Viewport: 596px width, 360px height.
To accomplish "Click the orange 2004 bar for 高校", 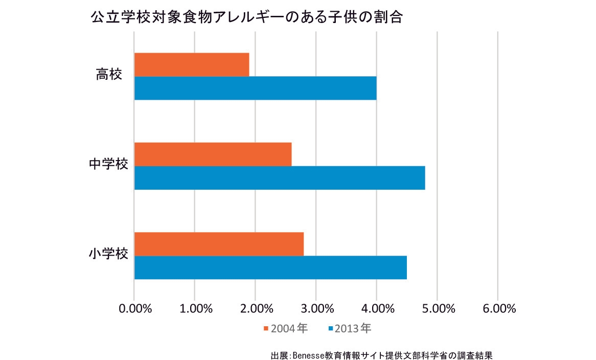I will coord(192,64).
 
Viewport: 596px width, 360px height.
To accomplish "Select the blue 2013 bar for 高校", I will coord(255,88).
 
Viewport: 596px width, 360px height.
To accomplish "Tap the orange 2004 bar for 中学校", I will coord(213,154).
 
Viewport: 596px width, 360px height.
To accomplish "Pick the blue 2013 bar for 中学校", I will coord(280,178).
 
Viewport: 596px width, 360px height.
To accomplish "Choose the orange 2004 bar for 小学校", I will coord(219,244).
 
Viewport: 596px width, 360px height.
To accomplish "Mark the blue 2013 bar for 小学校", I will coord(270,267).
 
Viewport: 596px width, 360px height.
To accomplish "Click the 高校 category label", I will coord(109,75).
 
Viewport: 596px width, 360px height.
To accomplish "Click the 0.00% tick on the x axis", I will coord(134,309).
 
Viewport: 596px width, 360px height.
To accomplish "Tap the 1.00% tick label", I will coord(195,309).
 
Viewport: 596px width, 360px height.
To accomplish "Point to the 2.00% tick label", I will coord(256,309).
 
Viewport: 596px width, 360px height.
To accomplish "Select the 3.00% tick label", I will coord(316,309).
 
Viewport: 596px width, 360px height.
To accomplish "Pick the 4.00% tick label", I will coord(377,309).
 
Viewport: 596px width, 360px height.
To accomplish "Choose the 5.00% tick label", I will coord(438,309).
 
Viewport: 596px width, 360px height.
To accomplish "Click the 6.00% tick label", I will coord(498,309).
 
